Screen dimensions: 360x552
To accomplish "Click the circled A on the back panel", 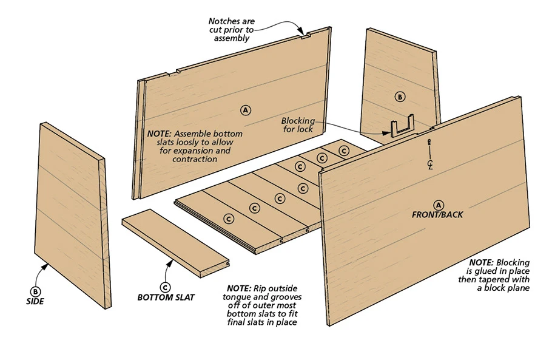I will (x=246, y=110).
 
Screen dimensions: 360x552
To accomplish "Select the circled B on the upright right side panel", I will (x=399, y=97).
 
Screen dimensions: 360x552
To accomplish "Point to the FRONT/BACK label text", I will (x=437, y=215).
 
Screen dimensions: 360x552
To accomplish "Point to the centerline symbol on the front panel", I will (x=429, y=164).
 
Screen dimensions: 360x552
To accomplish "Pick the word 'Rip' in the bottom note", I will (x=258, y=288).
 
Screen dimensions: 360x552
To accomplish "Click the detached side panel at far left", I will (x=72, y=212).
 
